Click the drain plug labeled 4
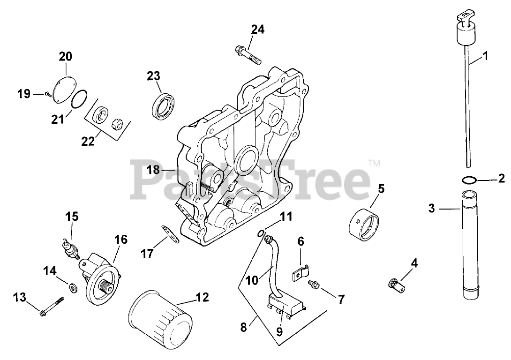(397, 283)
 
